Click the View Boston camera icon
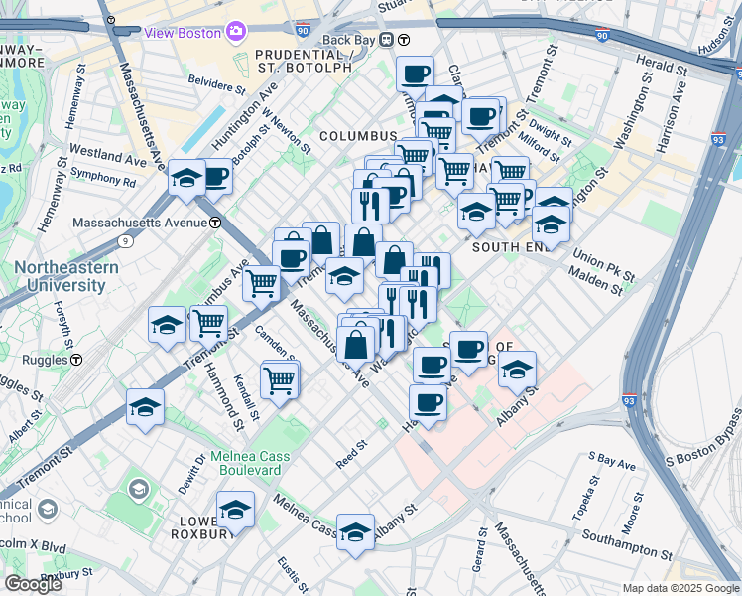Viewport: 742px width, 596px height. pyautogui.click(x=235, y=32)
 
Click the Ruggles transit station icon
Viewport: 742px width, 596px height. pyautogui.click(x=75, y=360)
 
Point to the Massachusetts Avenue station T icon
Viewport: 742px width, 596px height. pyautogui.click(x=214, y=223)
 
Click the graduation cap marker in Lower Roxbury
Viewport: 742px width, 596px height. pyautogui.click(x=235, y=511)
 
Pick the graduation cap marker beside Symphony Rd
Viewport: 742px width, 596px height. pyautogui.click(x=185, y=178)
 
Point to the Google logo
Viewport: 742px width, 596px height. pyautogui.click(x=33, y=584)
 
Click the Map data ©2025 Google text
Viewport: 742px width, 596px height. pyautogui.click(x=680, y=588)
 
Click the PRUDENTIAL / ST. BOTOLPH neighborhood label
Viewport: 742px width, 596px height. pyautogui.click(x=303, y=61)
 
